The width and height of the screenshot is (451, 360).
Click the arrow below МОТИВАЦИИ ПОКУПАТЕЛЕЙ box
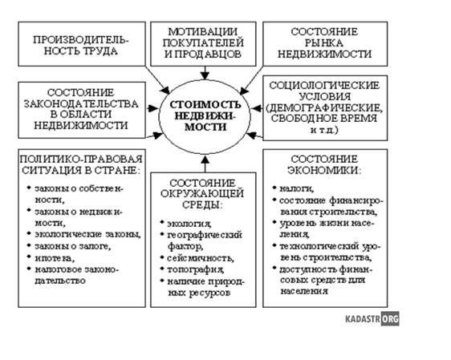(205, 73)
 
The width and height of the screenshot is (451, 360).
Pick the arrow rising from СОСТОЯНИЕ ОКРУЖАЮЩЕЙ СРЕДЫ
(205, 164)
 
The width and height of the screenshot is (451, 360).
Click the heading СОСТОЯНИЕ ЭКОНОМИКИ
(324, 164)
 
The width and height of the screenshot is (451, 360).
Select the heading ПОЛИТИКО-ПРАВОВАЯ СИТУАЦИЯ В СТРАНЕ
(82, 164)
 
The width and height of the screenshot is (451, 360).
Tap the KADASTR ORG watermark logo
(372, 318)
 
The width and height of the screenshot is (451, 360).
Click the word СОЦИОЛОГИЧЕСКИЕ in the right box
(324, 86)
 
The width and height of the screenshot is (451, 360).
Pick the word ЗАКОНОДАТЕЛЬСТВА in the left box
(81, 103)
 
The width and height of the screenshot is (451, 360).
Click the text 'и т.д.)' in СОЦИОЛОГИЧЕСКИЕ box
(324, 130)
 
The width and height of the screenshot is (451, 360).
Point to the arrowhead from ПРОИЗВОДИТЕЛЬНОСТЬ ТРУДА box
(165, 90)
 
